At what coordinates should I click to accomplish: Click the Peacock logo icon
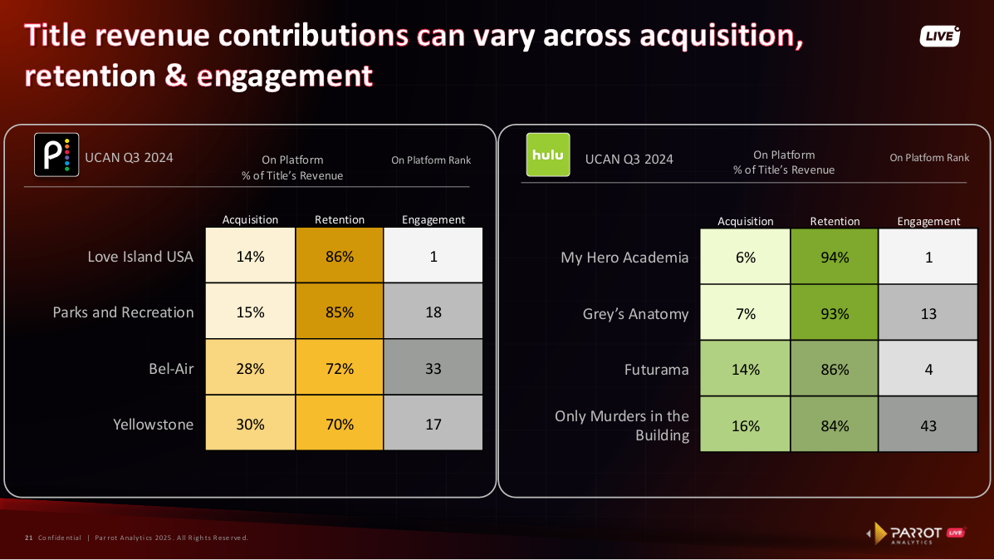[x=56, y=155]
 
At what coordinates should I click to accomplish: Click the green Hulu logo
[x=548, y=155]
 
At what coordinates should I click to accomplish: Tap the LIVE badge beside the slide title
[x=939, y=37]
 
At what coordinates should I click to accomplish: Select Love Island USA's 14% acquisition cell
[x=250, y=257]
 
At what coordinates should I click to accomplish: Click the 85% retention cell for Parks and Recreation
[x=340, y=312]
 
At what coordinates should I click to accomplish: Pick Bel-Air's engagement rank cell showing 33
[x=433, y=368]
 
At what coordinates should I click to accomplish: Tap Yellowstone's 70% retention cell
[x=340, y=425]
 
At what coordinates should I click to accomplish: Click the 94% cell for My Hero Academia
[x=835, y=258]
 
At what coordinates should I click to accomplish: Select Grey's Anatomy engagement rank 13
[x=928, y=313]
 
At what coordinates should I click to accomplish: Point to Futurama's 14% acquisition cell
[x=745, y=369]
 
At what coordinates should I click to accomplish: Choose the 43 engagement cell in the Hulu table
[x=928, y=425]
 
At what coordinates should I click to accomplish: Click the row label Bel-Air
[x=171, y=368]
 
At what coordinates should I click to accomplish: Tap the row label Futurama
[x=656, y=369]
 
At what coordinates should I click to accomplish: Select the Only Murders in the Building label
[x=622, y=425]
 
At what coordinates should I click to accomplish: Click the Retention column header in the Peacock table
[x=340, y=219]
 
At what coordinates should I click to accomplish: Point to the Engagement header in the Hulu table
[x=928, y=221]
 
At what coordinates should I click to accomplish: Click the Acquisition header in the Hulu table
[x=745, y=221]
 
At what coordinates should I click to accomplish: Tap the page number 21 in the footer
[x=28, y=538]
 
